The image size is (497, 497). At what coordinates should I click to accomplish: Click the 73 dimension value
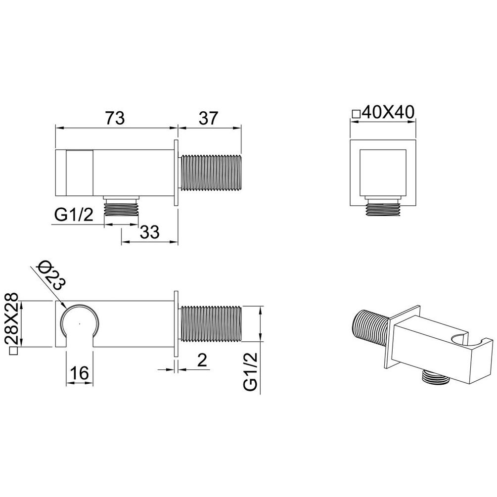coord(115,118)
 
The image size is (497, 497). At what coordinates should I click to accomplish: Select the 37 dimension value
coord(208,118)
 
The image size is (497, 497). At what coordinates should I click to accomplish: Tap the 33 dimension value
coord(150,232)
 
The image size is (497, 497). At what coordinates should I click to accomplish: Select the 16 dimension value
coord(79,373)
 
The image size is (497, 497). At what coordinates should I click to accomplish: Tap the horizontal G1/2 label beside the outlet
coord(74,215)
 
